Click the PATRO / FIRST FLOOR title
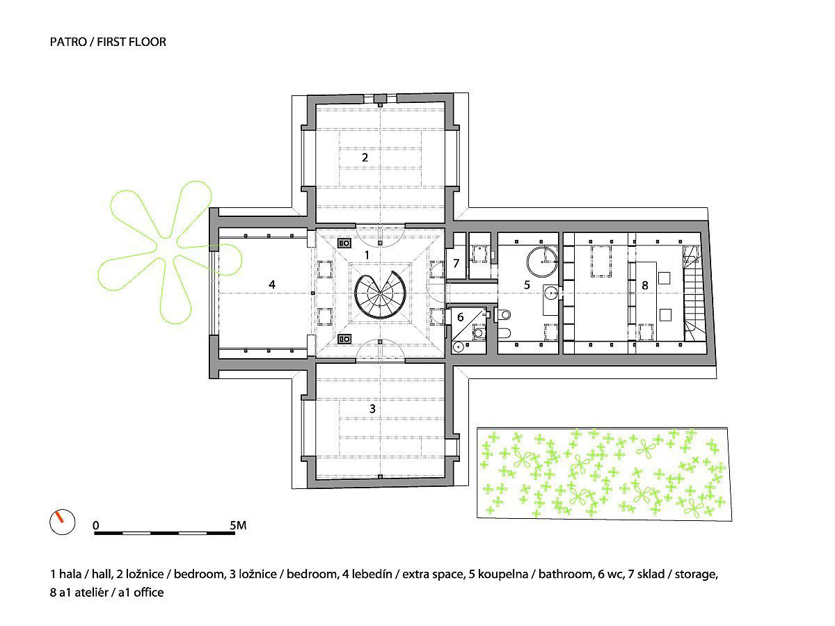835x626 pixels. tap(108, 42)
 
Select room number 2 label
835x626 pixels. tap(365, 157)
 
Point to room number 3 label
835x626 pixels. tap(372, 408)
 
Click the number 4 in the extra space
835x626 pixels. tap(272, 284)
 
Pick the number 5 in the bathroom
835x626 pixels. tap(527, 284)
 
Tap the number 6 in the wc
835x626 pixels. tap(459, 316)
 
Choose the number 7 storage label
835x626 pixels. tap(456, 264)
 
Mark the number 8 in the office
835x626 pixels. tap(645, 284)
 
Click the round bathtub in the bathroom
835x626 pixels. tap(541, 263)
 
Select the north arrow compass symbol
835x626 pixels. tap(61, 522)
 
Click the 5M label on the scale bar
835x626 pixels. tap(237, 525)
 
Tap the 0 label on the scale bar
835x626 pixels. tap(96, 525)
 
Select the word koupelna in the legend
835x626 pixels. tap(502, 575)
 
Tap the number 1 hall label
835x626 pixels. tap(367, 255)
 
